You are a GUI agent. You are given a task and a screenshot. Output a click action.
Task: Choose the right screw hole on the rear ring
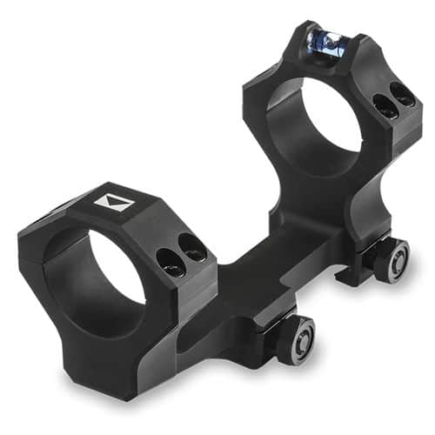coord(402,94)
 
